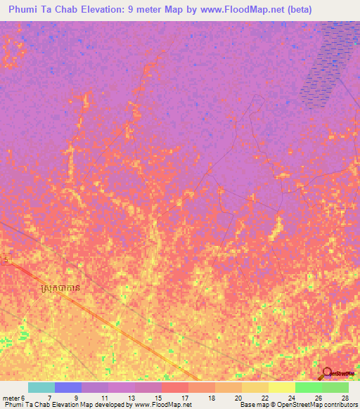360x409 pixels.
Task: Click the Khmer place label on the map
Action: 65,288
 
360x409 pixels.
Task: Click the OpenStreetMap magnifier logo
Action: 327,372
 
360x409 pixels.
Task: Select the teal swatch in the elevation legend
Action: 41,387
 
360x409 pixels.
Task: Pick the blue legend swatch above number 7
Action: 68,387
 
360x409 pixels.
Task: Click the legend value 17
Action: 184,397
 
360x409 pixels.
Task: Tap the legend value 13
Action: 130,397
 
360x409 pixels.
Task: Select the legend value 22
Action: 264,397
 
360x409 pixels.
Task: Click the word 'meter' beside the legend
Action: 11,397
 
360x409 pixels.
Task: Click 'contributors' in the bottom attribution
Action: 340,405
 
